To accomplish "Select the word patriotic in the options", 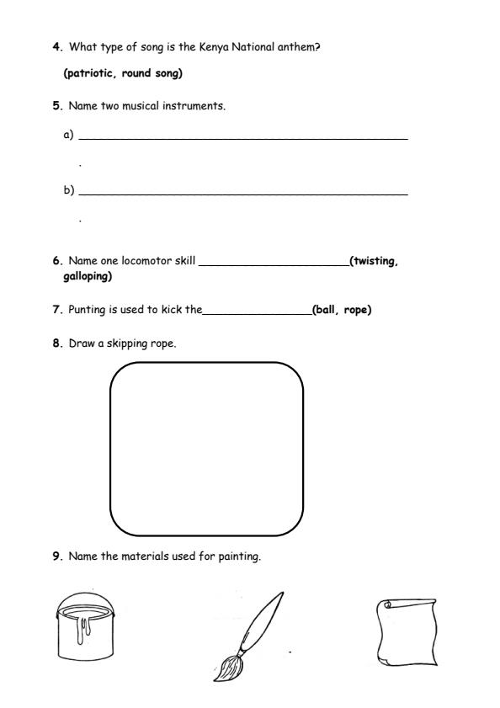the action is (91, 74).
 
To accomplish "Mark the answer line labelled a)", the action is (242, 137).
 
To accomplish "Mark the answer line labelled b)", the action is (242, 194).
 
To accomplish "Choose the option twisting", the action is (375, 261).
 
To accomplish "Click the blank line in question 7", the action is (257, 313).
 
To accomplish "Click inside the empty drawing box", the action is (206, 449).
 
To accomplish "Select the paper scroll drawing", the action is (407, 632).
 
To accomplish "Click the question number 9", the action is (56, 556).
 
